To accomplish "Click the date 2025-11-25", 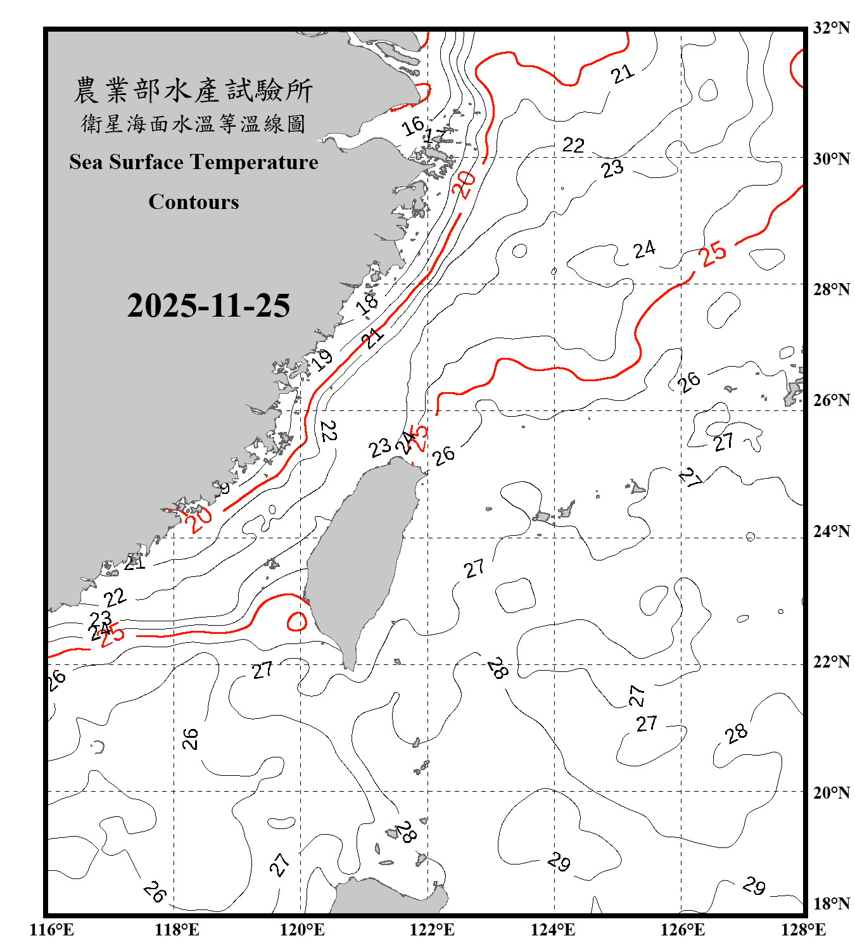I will [x=208, y=306].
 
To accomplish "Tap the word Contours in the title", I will [x=194, y=202].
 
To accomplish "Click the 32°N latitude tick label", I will [x=831, y=28].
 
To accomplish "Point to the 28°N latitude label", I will [x=831, y=289].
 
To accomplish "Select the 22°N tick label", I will [x=831, y=662].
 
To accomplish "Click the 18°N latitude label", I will [x=831, y=904].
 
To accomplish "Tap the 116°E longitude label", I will [x=51, y=930].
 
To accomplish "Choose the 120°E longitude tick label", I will [x=302, y=930].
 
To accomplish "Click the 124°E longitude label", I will [x=553, y=930].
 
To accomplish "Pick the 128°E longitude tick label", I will [x=803, y=930].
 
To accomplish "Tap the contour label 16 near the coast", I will [x=413, y=125].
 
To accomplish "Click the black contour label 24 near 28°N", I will [x=644, y=250].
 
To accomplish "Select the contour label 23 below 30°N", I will [x=612, y=168].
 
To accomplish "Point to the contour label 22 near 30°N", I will [x=573, y=145].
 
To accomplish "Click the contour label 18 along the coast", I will [x=367, y=302].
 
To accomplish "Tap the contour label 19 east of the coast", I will [x=322, y=359].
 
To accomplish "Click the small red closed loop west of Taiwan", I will [x=297, y=621].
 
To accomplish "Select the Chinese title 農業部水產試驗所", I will [x=193, y=91].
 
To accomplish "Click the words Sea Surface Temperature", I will [x=194, y=162].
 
